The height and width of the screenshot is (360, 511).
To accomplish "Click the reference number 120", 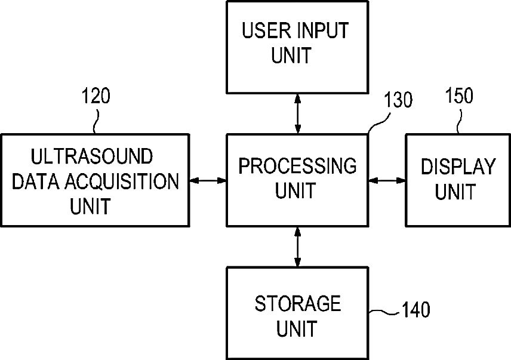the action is tap(96, 96).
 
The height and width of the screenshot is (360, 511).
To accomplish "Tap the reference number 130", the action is tap(398, 100).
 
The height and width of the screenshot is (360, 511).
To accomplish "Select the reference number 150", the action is tap(459, 96).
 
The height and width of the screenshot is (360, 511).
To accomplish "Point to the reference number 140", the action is tap(416, 309).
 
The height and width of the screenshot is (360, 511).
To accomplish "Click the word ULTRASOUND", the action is tap(91, 156).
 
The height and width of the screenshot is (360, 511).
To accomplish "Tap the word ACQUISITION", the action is tap(122, 181).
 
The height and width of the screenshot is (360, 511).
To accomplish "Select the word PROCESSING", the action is tap(297, 166).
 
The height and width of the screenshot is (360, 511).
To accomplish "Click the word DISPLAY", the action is tap(458, 167).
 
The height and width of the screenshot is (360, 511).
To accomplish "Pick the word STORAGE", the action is tap(297, 304).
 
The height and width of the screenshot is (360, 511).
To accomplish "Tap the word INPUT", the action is tap(323, 30).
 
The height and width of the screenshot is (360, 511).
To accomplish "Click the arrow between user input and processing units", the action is tap(297, 113).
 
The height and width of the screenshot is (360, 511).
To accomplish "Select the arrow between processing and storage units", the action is tap(297, 247).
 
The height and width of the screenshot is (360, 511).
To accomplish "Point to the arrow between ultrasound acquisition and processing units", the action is tap(208, 180).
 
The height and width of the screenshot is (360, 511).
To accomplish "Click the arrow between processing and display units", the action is tap(387, 180).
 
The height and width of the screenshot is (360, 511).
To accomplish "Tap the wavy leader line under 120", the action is tap(96, 121).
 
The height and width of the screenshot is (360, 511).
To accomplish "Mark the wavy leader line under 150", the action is tap(459, 121).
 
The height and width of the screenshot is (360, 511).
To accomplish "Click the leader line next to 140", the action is tap(384, 312).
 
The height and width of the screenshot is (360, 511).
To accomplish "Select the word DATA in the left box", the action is tap(36, 181).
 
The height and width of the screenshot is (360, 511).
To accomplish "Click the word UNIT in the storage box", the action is tap(297, 328).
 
